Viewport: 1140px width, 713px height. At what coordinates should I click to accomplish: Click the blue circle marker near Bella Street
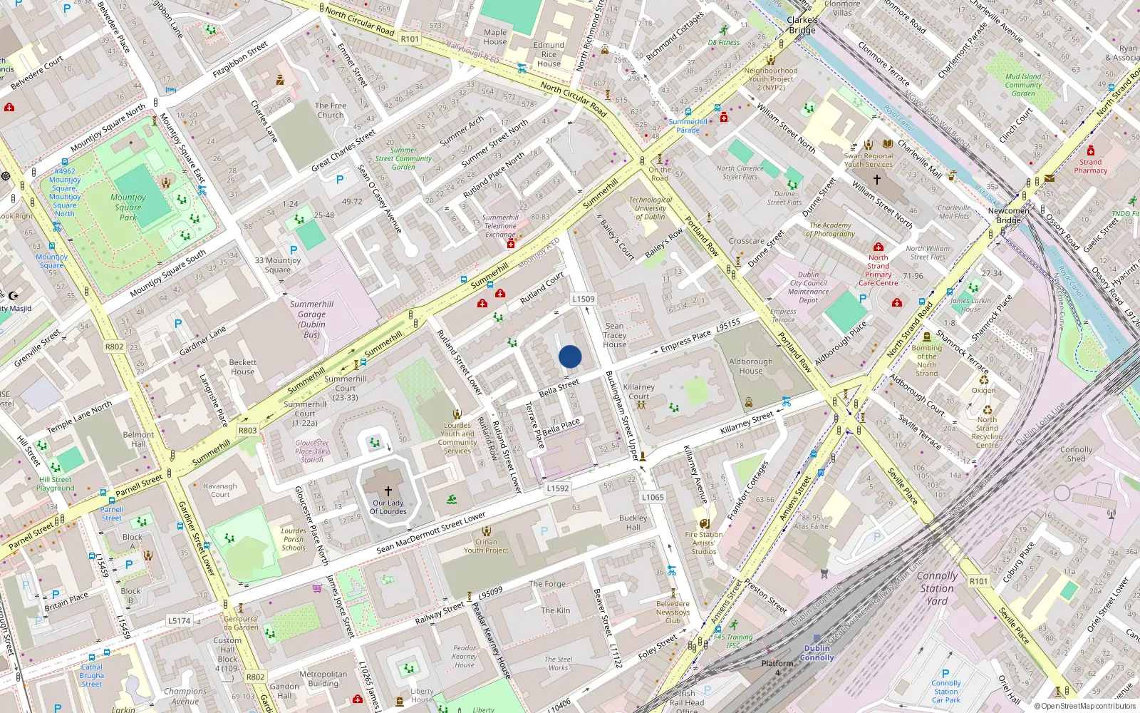click(570, 356)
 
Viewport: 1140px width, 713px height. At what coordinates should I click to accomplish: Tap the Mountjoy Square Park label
click(128, 207)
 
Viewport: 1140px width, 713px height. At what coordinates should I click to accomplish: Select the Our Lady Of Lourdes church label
click(388, 507)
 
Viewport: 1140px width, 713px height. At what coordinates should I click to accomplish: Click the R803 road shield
click(248, 431)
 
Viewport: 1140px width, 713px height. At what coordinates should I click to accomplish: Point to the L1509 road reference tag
click(584, 299)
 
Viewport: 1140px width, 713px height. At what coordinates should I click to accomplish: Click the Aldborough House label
click(750, 366)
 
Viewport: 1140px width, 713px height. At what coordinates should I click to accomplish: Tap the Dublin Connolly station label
click(817, 653)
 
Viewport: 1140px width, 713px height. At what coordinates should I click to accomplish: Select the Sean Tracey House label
click(615, 335)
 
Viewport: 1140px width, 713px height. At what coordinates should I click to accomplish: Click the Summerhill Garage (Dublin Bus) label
click(311, 319)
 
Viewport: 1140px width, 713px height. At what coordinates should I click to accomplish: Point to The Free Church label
click(331, 111)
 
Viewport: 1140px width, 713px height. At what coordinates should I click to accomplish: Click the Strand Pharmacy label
click(1090, 166)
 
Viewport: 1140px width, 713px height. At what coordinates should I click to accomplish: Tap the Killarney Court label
click(638, 391)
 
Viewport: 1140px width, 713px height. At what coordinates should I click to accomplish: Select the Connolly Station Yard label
click(937, 588)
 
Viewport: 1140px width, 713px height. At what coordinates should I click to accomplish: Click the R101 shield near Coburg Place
click(979, 581)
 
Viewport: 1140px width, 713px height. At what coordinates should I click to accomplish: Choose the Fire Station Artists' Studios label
click(703, 543)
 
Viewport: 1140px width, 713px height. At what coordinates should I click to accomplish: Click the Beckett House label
click(242, 366)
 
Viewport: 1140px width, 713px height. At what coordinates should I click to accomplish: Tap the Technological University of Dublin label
click(650, 208)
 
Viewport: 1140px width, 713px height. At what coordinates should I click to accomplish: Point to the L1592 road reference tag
click(558, 488)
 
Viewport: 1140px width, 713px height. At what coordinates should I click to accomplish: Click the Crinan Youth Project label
click(486, 545)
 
